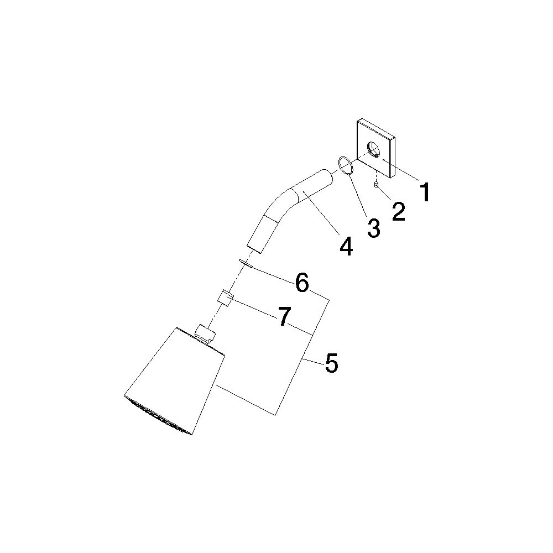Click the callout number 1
(426, 191)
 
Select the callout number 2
(399, 211)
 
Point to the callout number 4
(346, 246)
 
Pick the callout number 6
(302, 283)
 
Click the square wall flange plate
(376, 148)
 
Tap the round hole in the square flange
(373, 149)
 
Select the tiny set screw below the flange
(376, 184)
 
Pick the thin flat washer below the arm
(246, 263)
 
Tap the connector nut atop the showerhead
(205, 333)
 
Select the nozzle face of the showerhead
(158, 416)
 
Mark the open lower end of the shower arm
(254, 248)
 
